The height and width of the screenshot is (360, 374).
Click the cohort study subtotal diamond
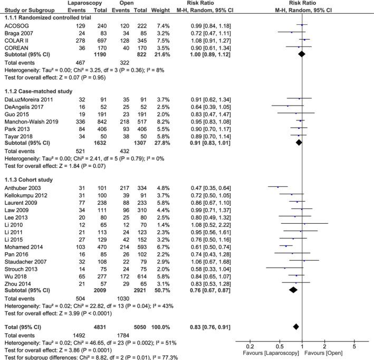point(293,290)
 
